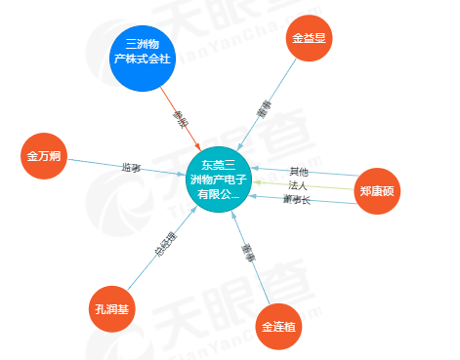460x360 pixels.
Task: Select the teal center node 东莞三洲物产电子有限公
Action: tap(220, 179)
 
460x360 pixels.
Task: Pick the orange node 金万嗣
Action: tap(45, 156)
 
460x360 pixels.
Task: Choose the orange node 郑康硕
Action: tap(376, 191)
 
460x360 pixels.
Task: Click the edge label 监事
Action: tap(131, 168)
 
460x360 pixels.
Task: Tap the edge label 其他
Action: tap(298, 173)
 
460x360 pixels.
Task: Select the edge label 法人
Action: tap(298, 185)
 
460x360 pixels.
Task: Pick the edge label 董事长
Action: tap(297, 199)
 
